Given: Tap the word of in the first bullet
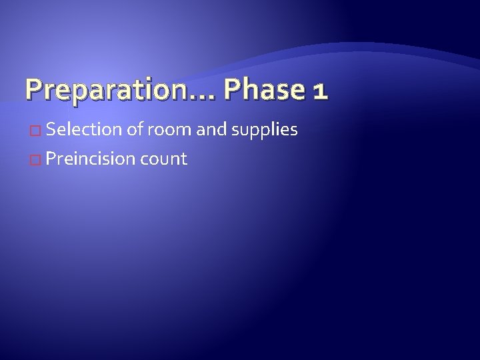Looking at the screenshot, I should point(135,129).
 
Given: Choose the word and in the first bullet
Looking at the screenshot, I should point(212,129).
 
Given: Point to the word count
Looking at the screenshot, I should point(163,160).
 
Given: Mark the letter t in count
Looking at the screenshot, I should point(183,159).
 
